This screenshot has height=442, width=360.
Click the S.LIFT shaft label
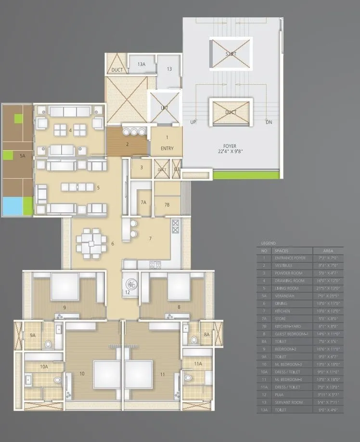[231, 53]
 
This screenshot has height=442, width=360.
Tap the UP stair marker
[193, 122]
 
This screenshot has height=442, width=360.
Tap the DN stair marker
[269, 122]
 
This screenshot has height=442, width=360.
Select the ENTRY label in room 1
[167, 148]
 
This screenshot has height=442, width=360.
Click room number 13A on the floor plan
[141, 64]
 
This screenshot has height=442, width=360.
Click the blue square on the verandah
[11, 207]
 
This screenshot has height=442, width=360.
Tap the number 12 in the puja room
[128, 292]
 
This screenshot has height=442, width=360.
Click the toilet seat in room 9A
[48, 344]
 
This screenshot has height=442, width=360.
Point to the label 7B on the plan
[167, 205]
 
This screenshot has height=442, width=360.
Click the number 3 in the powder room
[141, 168]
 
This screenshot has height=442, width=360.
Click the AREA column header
[328, 251]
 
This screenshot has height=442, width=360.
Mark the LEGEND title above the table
[269, 244]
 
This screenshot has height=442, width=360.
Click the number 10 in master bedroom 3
[82, 373]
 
